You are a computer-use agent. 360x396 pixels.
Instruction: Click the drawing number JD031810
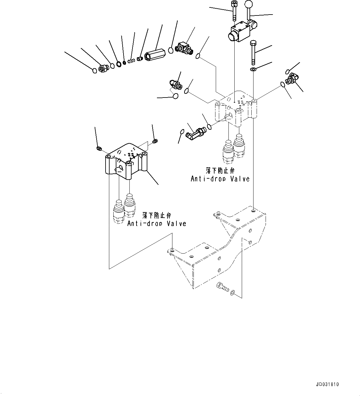coord(327,385)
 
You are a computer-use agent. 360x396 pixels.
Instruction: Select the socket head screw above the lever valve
coord(234,10)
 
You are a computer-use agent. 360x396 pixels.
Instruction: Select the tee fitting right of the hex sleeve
coord(183,48)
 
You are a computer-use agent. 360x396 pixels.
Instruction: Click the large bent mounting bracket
coord(217,248)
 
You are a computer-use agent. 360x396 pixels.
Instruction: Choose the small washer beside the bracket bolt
coord(233,292)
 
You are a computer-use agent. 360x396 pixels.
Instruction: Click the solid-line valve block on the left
coord(125,161)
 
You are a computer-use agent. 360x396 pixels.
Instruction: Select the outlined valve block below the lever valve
coord(237,108)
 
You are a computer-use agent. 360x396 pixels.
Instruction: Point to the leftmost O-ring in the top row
coord(95,71)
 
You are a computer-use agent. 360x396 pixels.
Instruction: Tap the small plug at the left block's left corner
coord(99,149)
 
